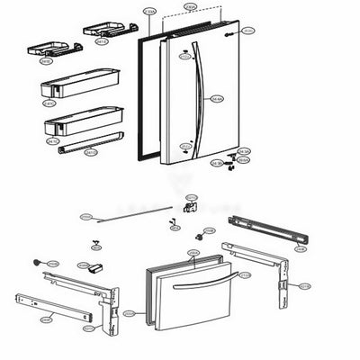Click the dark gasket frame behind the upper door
click(x=141, y=99)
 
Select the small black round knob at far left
click(x=37, y=263)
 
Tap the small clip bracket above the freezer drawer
click(x=190, y=208)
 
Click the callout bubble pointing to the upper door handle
click(x=217, y=98)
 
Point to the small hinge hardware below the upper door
click(x=232, y=160)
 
